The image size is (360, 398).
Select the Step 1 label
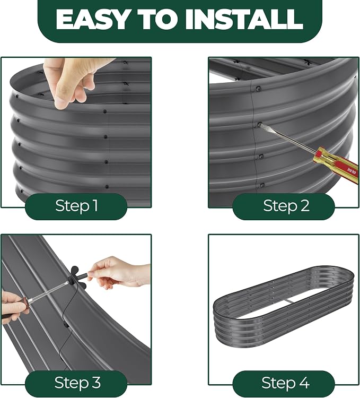[76, 205]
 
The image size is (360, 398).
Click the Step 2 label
[286, 205]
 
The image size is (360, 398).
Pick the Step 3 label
[77, 383]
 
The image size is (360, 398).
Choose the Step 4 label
[285, 383]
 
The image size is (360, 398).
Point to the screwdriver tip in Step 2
[260, 124]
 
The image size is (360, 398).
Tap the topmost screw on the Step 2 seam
[258, 89]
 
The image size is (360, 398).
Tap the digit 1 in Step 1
[95, 205]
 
